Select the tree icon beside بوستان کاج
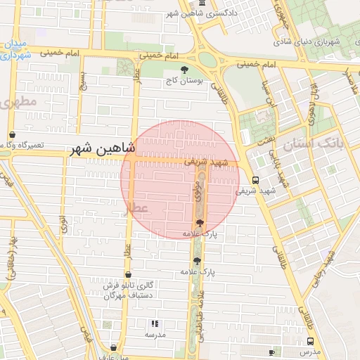pyautogui.click(x=185, y=70)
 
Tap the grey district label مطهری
pyautogui.click(x=17, y=102)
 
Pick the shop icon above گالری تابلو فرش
pyautogui.click(x=127, y=275)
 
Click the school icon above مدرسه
pyautogui.click(x=155, y=323)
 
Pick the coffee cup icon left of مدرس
pyautogui.click(x=271, y=351)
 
